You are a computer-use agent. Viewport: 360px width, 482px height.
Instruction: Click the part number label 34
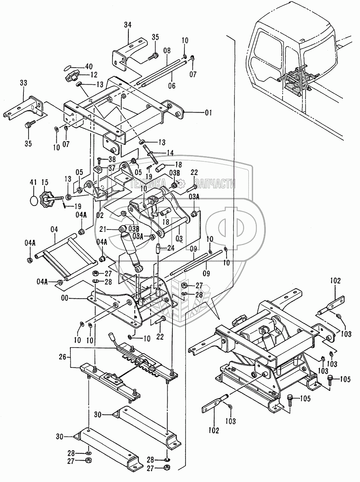click(128, 25)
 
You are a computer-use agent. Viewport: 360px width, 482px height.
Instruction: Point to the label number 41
click(33, 182)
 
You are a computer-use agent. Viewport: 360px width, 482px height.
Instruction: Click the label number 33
click(23, 83)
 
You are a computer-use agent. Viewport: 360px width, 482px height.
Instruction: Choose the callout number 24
click(171, 248)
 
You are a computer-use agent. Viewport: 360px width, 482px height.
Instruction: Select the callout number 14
click(170, 152)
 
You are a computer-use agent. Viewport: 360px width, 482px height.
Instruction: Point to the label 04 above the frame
click(54, 229)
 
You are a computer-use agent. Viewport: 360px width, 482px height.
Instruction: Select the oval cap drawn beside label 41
click(34, 199)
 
